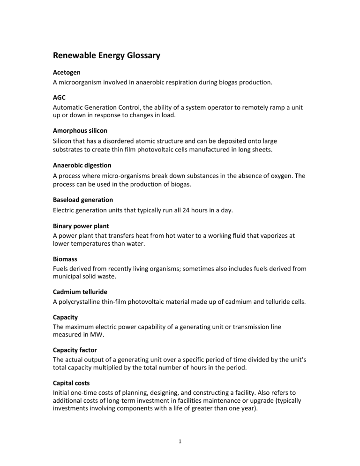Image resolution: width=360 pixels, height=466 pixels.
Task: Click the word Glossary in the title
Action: click(140, 56)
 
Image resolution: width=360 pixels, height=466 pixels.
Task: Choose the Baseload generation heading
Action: click(82, 200)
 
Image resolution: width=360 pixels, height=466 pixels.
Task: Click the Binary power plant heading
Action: click(80, 226)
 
